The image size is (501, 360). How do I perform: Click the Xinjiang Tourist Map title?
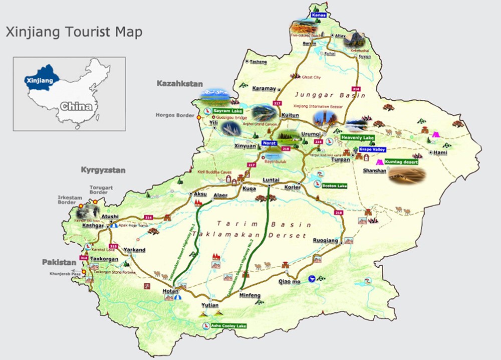[x=74, y=33]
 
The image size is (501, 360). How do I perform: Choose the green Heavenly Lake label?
[x=357, y=137]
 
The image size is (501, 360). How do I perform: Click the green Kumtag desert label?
[x=401, y=161]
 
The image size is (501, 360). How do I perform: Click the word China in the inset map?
[x=76, y=106]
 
